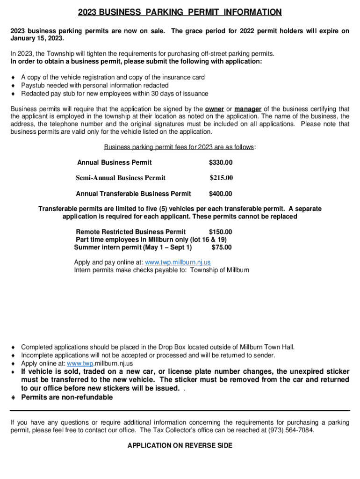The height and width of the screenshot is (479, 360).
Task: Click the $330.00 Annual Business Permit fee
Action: coord(220,162)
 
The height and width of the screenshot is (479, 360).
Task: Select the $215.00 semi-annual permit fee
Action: coord(221,178)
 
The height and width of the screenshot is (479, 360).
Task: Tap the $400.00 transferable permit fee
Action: coord(220,194)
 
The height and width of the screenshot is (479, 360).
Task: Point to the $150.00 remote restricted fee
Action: coord(220,232)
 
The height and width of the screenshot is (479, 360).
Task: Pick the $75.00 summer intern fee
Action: coord(222,247)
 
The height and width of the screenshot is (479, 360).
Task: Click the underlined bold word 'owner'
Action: coord(215,109)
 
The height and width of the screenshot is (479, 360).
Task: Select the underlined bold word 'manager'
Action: coord(248,109)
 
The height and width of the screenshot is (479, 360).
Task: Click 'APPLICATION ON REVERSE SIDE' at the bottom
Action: coord(180,446)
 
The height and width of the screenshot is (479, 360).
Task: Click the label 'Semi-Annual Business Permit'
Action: coord(121,178)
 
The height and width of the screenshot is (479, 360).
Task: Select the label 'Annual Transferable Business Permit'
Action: coord(133,194)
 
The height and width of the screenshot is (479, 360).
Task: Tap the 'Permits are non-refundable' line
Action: coord(67,397)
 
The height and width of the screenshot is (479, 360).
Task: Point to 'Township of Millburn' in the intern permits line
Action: coord(220,270)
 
